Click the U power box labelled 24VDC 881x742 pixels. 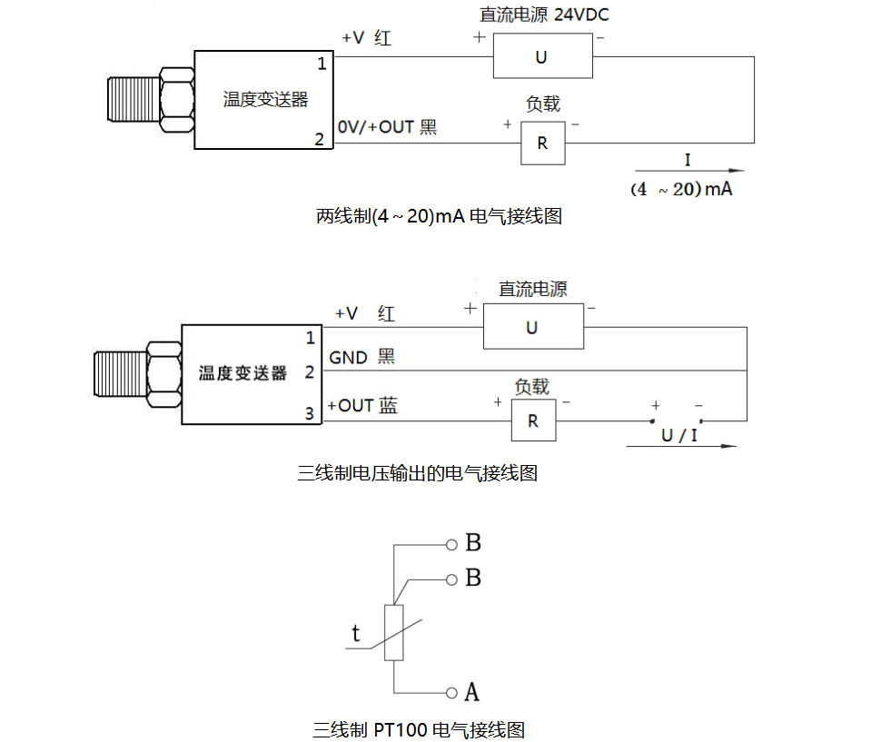541,56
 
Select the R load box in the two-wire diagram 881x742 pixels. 542,143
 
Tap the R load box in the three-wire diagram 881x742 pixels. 532,420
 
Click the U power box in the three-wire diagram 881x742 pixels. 531,327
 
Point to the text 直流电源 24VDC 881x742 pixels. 542,15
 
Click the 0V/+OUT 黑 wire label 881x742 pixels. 387,127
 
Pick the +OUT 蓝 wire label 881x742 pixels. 362,406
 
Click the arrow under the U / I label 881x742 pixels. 681,447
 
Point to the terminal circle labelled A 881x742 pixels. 451,693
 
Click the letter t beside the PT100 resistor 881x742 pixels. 356,633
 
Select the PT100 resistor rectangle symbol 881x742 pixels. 394,632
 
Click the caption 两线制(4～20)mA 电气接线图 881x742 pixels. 439,217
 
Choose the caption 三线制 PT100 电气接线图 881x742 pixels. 419,729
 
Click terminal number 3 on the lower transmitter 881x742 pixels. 309,414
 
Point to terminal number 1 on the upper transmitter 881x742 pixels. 321,64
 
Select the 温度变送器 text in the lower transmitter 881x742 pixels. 243,373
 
